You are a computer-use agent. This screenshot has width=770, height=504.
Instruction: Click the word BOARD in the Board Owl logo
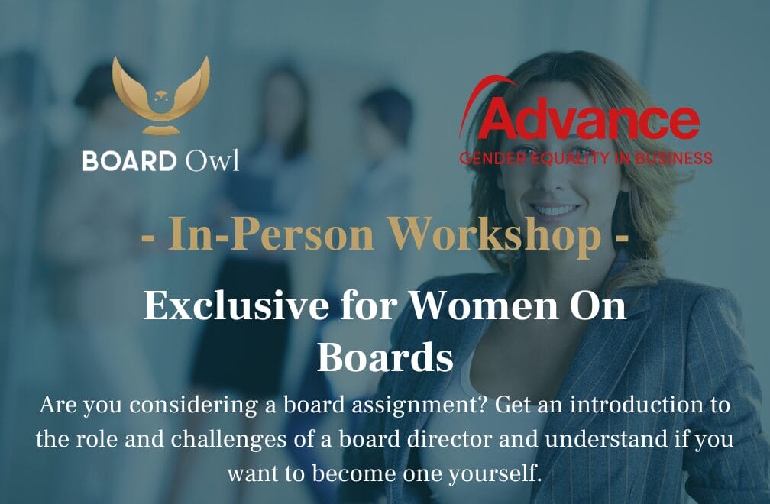(130, 161)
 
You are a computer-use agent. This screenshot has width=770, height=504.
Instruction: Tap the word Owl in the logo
(212, 160)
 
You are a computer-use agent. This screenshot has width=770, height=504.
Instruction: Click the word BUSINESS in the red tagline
(674, 158)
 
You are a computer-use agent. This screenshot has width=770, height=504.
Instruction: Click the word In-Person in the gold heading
(270, 234)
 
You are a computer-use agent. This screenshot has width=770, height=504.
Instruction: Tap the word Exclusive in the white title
(236, 306)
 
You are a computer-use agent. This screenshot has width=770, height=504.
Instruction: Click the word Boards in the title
(385, 357)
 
